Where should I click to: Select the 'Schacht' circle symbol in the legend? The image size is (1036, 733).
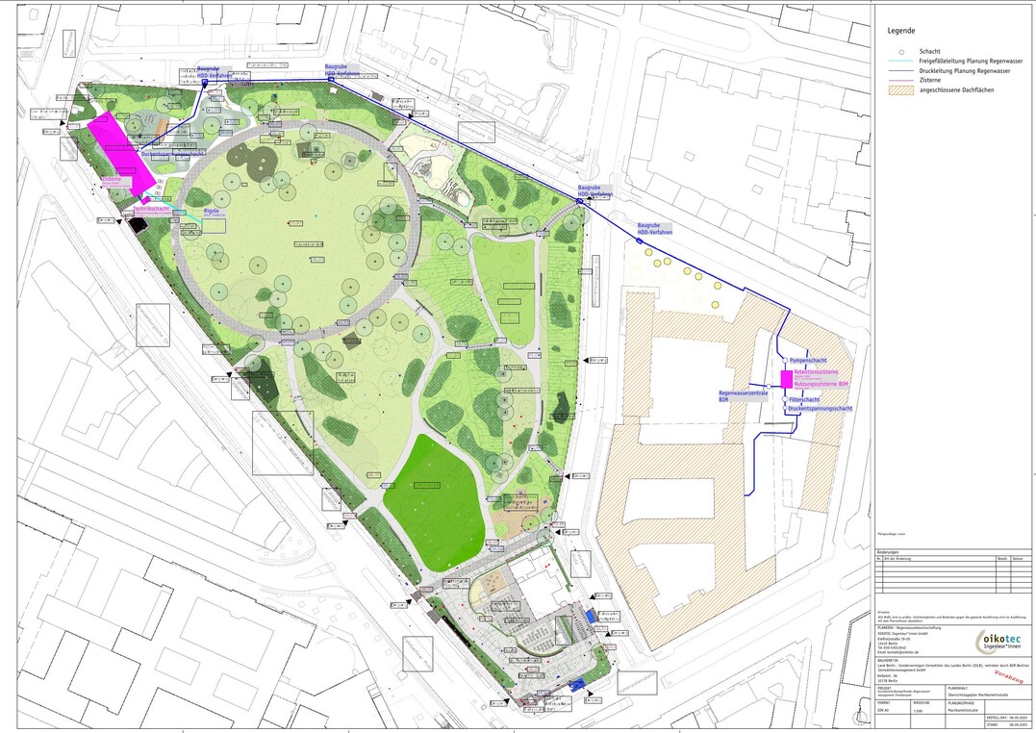[900, 51]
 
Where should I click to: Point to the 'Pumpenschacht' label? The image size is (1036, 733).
[808, 360]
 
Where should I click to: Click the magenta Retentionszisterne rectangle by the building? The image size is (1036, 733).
[786, 378]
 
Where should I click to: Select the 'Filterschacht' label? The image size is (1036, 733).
[804, 399]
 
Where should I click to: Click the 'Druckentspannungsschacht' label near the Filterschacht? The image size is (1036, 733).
[820, 409]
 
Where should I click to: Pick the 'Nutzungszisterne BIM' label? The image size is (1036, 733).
[821, 384]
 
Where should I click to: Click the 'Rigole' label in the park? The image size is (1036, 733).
[212, 210]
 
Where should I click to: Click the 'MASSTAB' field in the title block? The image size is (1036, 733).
[922, 703]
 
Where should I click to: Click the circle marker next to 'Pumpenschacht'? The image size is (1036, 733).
[782, 360]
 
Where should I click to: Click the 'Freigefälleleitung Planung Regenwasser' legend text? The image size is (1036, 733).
[971, 61]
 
